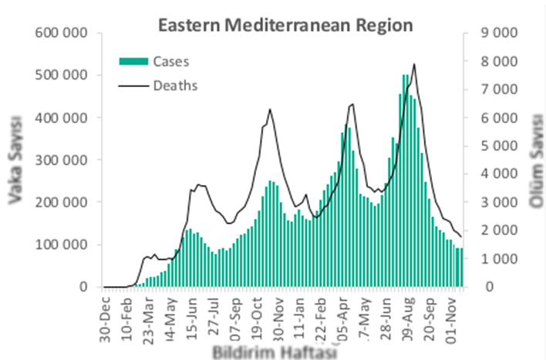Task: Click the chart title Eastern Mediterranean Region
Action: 285,25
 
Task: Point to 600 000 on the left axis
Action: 65,33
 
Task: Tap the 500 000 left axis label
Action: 65,76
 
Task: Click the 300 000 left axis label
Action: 65,160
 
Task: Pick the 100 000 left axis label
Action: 65,244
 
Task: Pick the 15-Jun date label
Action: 197,312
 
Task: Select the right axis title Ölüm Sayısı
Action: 533,160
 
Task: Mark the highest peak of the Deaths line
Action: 415,64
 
